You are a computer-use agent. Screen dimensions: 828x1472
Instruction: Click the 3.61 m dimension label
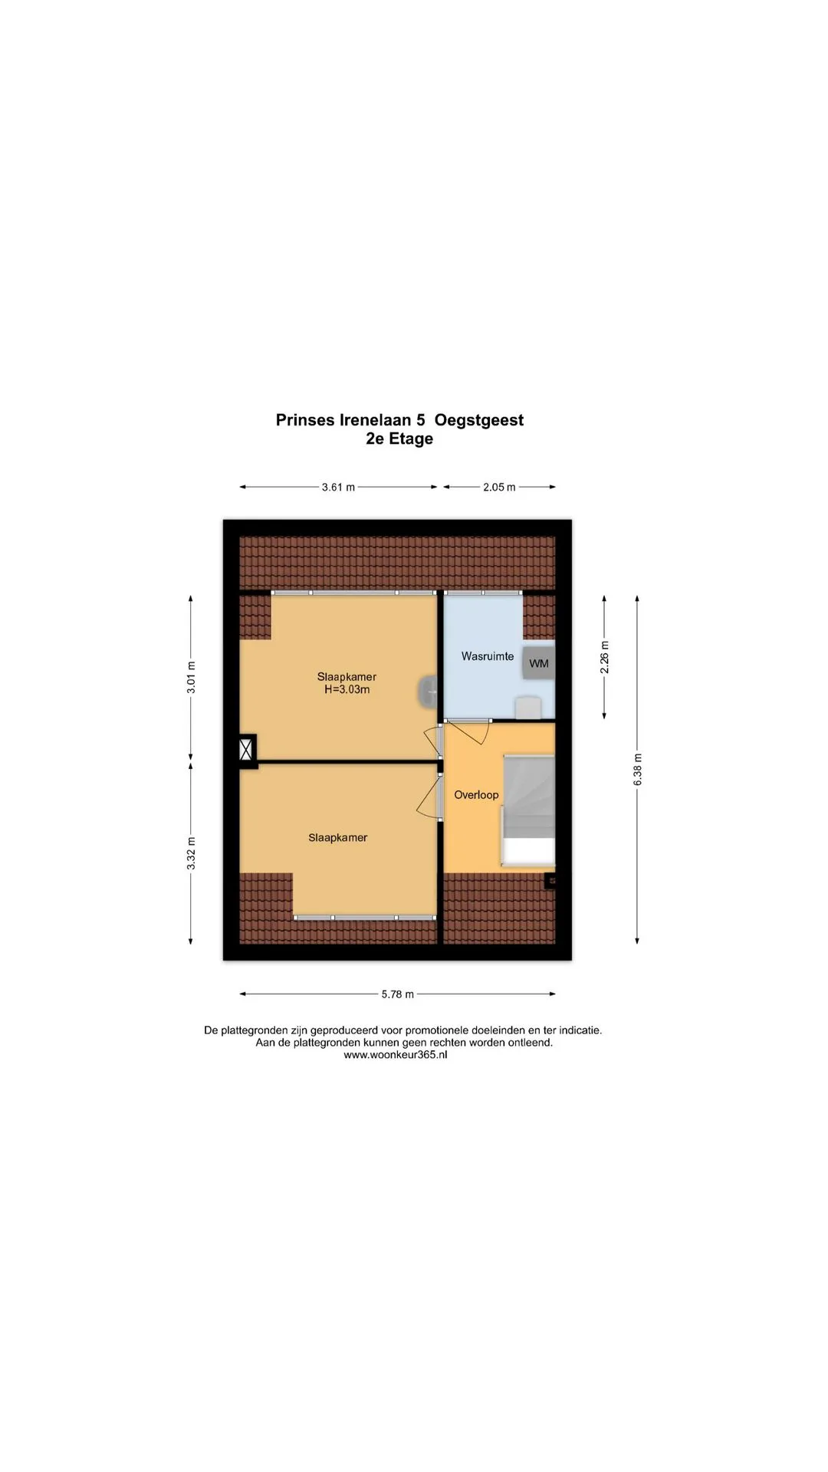[x=338, y=487]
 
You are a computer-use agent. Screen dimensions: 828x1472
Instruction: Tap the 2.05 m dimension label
[x=499, y=487]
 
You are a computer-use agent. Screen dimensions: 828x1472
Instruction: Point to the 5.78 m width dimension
[x=398, y=994]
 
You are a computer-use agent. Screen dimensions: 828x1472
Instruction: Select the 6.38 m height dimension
[x=638, y=769]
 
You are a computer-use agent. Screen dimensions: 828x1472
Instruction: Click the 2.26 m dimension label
[x=605, y=658]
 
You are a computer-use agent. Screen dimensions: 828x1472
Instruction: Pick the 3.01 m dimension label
[x=192, y=678]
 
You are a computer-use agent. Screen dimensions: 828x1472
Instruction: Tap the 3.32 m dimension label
[x=192, y=853]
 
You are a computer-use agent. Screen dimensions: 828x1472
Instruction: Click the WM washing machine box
[x=539, y=663]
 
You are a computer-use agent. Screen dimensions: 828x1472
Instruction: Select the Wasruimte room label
[x=488, y=656]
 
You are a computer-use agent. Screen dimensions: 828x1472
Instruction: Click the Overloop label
[x=476, y=795]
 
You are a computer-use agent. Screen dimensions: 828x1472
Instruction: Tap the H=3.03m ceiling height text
[x=347, y=689]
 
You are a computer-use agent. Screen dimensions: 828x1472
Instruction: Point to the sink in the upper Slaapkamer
[x=428, y=692]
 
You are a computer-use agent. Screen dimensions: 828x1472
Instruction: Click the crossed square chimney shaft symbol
[x=247, y=748]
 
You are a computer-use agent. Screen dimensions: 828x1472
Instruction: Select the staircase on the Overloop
[x=527, y=810]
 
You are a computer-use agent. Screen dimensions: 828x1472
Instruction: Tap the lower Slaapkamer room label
[x=338, y=838]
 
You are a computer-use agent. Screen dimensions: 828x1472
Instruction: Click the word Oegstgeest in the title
[x=479, y=420]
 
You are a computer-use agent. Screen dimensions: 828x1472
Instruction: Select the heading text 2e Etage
[x=399, y=439]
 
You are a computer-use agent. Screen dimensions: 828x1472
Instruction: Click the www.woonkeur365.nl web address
[x=396, y=1055]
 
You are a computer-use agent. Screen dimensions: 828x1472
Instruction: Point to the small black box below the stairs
[x=550, y=881]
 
